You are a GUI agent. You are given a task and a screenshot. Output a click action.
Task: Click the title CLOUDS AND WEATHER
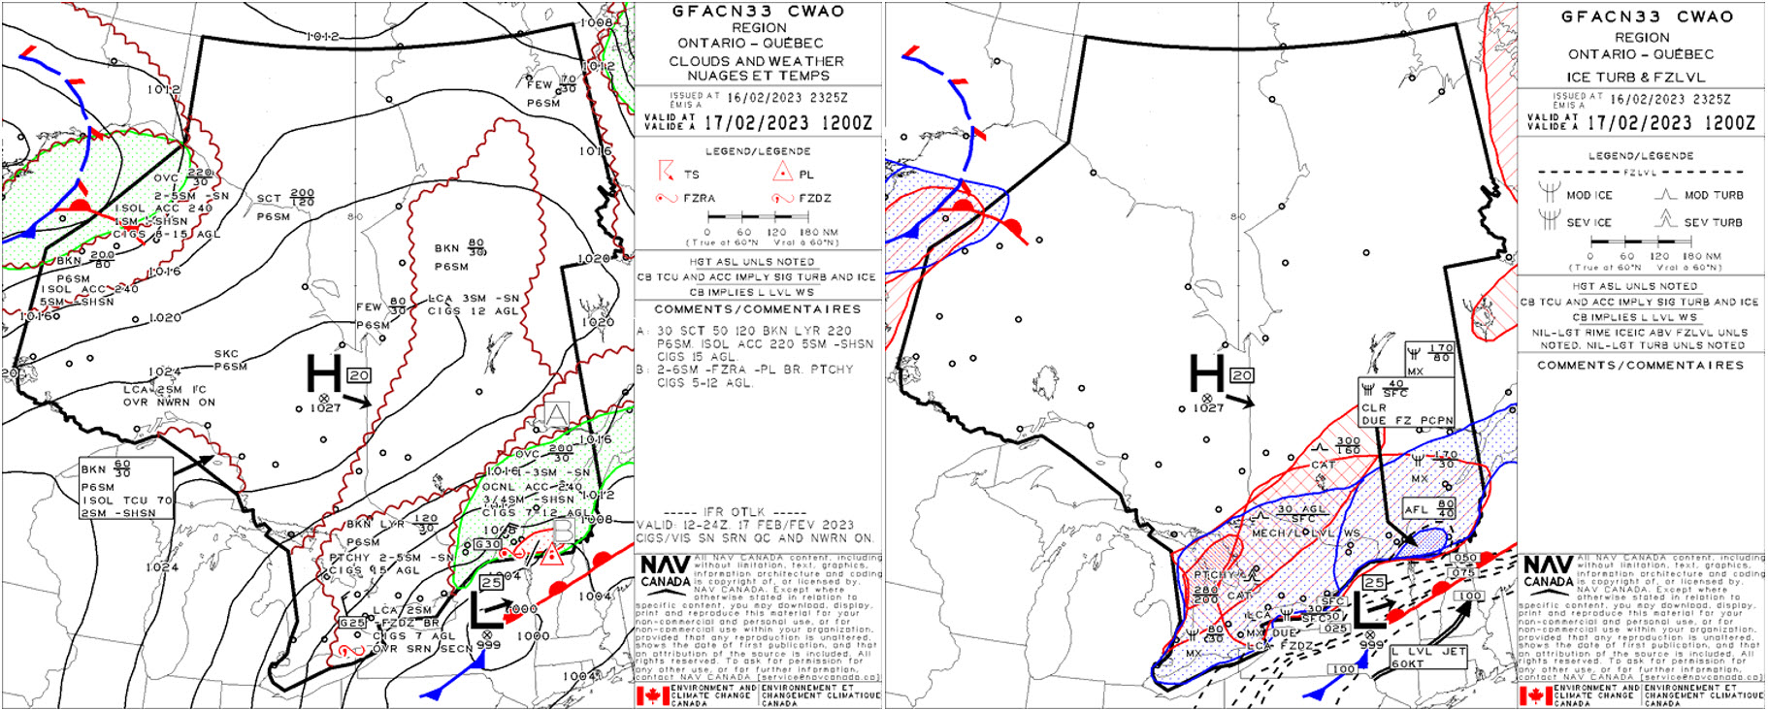(756, 60)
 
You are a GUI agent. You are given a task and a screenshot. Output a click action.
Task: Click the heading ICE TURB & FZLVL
(1641, 77)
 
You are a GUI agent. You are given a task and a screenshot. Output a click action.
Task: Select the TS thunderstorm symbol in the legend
(666, 172)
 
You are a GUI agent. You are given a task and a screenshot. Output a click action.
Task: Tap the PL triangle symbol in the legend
(782, 173)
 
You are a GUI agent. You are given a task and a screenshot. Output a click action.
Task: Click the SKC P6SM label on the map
(231, 360)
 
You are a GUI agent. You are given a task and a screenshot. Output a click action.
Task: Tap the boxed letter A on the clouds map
(556, 415)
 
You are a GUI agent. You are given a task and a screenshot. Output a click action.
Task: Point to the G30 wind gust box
(487, 544)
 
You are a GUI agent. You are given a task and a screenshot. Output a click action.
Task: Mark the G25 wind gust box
(351, 623)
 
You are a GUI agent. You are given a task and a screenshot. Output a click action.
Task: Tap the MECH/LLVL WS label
(1305, 532)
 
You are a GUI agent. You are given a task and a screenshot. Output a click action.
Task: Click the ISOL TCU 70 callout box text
(126, 500)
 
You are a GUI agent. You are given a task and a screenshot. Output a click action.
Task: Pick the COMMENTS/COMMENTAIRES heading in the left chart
(757, 309)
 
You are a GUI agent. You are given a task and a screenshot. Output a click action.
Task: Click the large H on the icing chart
(1207, 373)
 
